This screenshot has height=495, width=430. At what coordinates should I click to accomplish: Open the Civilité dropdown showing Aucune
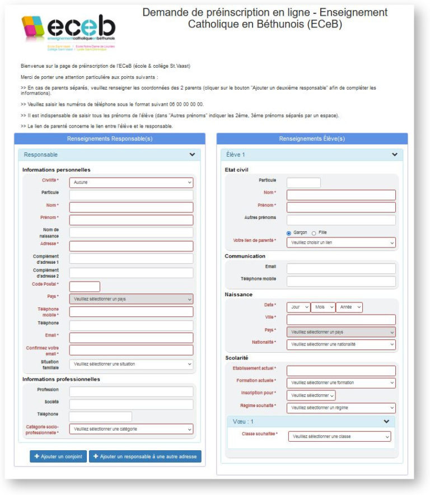pyautogui.click(x=131, y=183)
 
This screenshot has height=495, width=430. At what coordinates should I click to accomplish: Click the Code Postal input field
pyautogui.click(x=85, y=286)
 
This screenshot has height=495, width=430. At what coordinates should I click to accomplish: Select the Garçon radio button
pyautogui.click(x=289, y=233)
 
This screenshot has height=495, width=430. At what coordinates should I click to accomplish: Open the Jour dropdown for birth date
pyautogui.click(x=298, y=307)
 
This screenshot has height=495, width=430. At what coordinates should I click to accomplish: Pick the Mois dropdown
pyautogui.click(x=322, y=307)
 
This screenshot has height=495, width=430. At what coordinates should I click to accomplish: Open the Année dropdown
pyautogui.click(x=349, y=307)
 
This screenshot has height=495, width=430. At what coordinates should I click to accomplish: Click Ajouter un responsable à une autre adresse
pyautogui.click(x=144, y=456)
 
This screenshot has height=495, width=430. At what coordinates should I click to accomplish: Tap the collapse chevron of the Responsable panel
pyautogui.click(x=192, y=155)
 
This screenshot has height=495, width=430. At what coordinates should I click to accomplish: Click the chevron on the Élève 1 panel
pyautogui.click(x=394, y=155)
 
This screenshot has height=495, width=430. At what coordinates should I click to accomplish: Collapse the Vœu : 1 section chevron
pyautogui.click(x=386, y=421)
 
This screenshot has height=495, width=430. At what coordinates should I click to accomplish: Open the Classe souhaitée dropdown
pyautogui.click(x=340, y=437)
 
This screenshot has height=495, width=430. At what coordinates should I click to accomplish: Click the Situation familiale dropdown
pyautogui.click(x=131, y=364)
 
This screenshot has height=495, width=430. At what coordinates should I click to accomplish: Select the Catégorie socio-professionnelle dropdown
pyautogui.click(x=131, y=429)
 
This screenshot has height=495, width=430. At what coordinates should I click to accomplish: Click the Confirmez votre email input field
pyautogui.click(x=131, y=350)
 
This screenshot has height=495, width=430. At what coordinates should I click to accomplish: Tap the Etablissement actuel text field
pyautogui.click(x=341, y=371)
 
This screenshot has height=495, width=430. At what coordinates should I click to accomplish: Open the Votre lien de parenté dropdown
pyautogui.click(x=341, y=243)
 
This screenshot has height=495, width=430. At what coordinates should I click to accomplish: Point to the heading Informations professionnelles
pyautogui.click(x=61, y=379)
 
